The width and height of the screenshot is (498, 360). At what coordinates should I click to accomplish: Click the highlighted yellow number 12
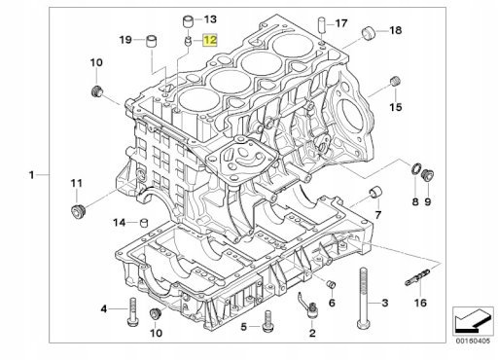click(x=210, y=40)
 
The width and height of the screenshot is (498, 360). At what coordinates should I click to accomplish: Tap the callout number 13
click(x=210, y=19)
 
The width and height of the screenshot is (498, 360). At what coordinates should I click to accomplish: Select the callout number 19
click(x=125, y=40)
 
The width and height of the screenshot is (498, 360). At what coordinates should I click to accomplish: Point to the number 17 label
click(x=341, y=23)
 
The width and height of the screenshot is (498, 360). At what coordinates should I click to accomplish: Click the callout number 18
click(x=396, y=30)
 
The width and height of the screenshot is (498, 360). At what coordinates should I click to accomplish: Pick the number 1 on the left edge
click(x=31, y=175)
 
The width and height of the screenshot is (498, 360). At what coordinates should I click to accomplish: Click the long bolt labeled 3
click(x=364, y=298)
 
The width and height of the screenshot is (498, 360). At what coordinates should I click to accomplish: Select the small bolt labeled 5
click(x=267, y=321)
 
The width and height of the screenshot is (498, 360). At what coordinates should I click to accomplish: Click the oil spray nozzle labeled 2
click(x=310, y=306)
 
